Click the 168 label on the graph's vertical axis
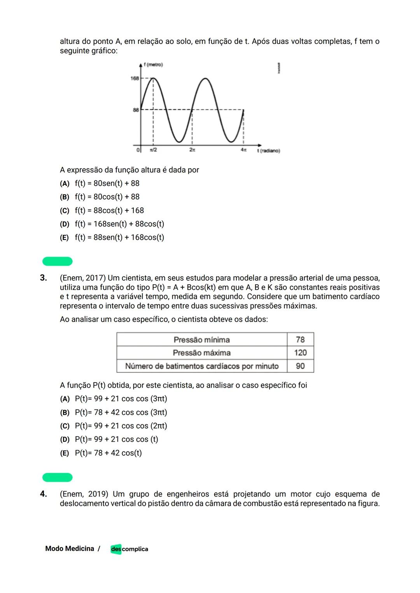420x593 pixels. [135, 79]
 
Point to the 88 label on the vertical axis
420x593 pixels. [136, 110]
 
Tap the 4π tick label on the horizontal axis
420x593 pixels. [243, 150]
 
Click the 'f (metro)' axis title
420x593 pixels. [153, 65]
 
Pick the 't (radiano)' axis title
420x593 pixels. [268, 150]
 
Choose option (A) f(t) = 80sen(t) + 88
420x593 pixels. [100, 184]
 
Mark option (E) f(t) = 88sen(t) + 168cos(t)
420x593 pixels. [112, 238]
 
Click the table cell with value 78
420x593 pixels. [300, 339]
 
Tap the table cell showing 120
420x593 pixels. [300, 353]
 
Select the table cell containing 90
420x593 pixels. [300, 366]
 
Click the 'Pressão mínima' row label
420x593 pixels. [201, 340]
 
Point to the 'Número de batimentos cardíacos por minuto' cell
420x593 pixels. [201, 366]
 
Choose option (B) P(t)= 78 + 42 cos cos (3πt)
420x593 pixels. [114, 413]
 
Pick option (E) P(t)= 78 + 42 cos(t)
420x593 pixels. [101, 453]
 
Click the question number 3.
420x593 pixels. [43, 278]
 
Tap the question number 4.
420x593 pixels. [43, 494]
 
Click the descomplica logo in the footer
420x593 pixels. [129, 549]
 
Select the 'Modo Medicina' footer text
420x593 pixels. [70, 549]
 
